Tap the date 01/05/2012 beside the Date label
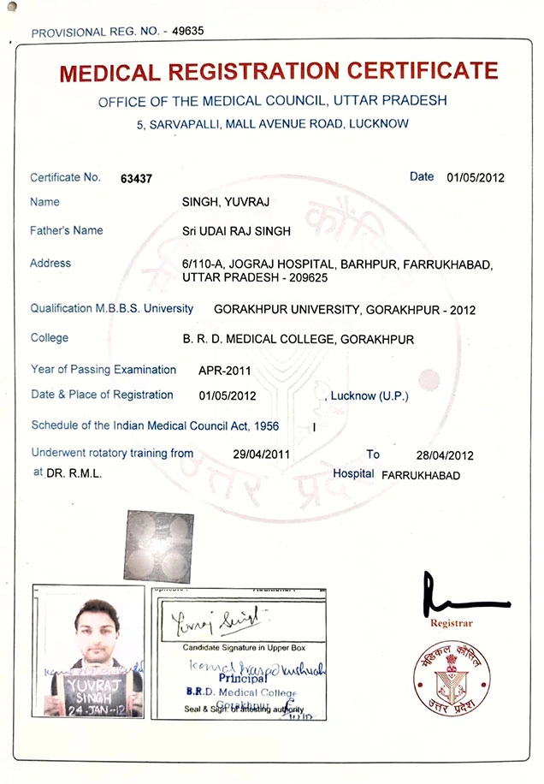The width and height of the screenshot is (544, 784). [476, 178]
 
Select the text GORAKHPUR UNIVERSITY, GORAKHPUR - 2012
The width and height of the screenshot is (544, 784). [344, 309]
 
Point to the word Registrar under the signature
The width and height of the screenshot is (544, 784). [452, 622]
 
